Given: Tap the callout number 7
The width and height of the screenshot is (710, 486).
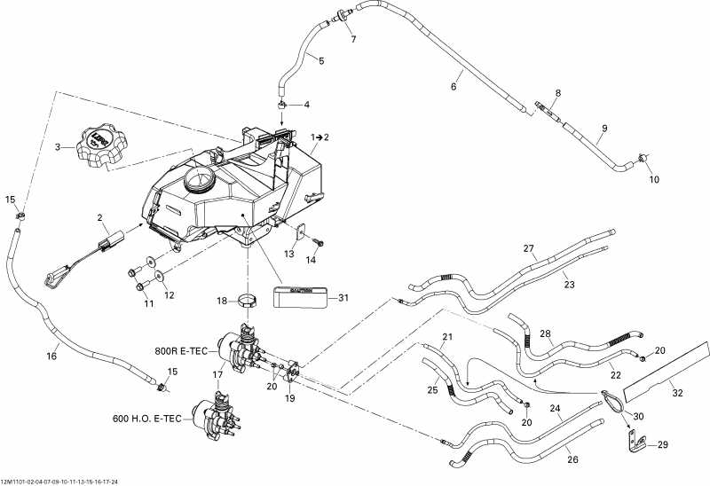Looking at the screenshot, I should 352,40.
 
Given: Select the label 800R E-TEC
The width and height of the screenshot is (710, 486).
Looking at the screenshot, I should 180,350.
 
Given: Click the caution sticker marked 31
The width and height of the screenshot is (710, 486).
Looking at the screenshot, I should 303,296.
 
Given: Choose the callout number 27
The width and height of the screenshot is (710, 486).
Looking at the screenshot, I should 529,248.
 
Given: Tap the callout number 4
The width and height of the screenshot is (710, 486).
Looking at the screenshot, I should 307,105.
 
